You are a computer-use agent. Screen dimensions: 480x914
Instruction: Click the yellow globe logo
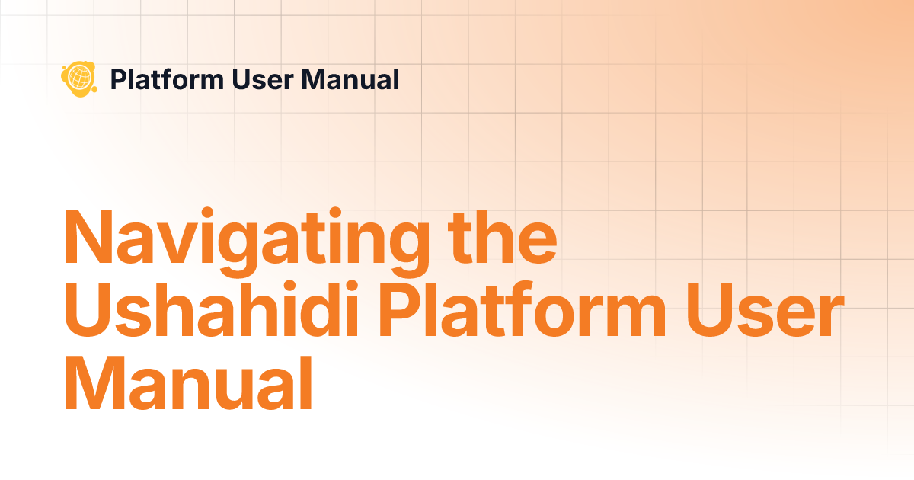coord(78,78)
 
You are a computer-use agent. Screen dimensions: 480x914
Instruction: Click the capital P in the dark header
coord(118,79)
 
